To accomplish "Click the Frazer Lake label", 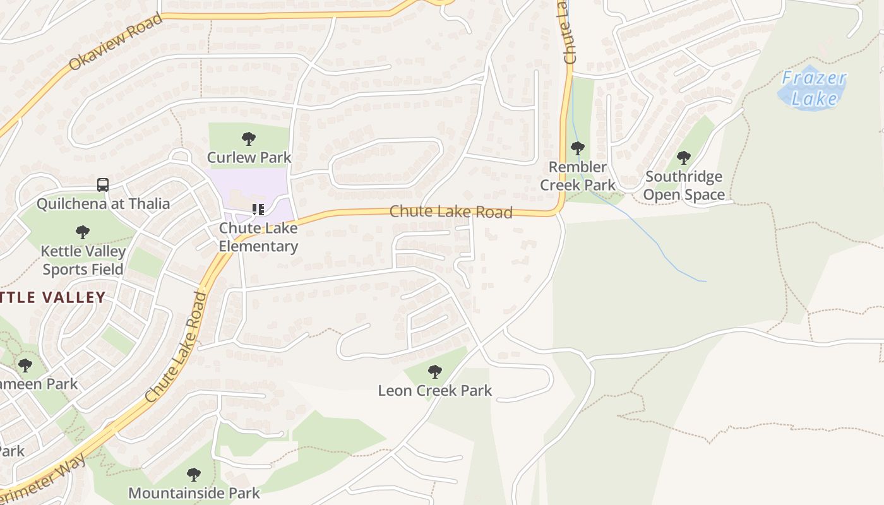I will coord(814,88).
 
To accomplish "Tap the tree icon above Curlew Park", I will coord(249,139).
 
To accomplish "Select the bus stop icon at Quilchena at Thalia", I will coord(102,185).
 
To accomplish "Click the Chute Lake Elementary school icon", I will coord(258,210).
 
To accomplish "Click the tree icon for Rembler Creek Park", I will coord(577,149).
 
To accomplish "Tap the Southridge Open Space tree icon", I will coord(683,158).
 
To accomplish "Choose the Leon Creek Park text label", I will coord(434,391).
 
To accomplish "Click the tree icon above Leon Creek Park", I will coord(434,372).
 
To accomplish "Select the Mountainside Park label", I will coord(194,493).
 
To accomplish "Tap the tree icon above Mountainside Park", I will coord(194,474).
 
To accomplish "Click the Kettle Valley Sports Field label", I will coord(83,260).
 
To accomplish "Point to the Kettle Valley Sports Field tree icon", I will coord(82,232).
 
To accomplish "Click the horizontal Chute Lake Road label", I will coord(451,211).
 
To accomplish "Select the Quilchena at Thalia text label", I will coord(103,203).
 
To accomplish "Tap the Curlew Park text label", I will coord(249,157).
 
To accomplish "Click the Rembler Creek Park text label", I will coord(578,176).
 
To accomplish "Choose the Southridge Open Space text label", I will coord(684,186).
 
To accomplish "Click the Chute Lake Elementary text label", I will coord(258,237).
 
